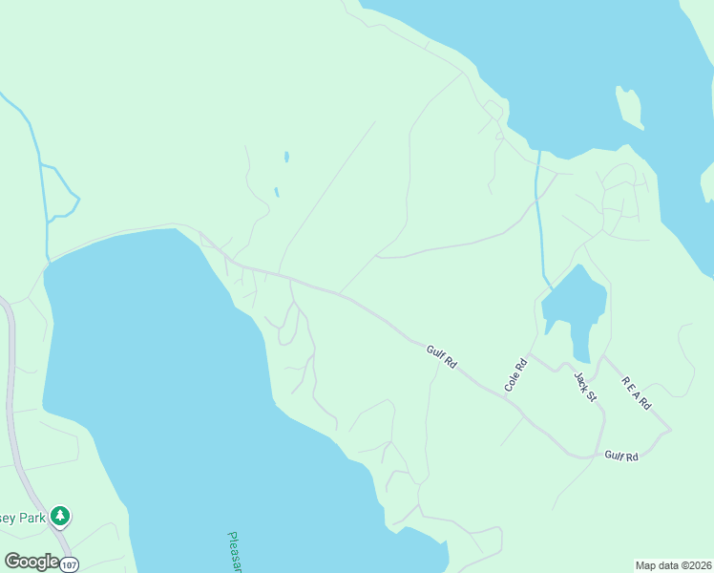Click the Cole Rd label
515,374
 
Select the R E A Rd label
636,392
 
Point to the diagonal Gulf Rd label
442,358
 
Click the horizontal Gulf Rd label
620,456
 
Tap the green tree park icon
60,517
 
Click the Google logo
31,562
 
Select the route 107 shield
68,564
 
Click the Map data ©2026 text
673,565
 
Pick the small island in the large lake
629,107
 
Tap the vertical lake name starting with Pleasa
235,551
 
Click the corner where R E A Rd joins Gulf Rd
669,429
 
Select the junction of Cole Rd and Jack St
531,354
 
